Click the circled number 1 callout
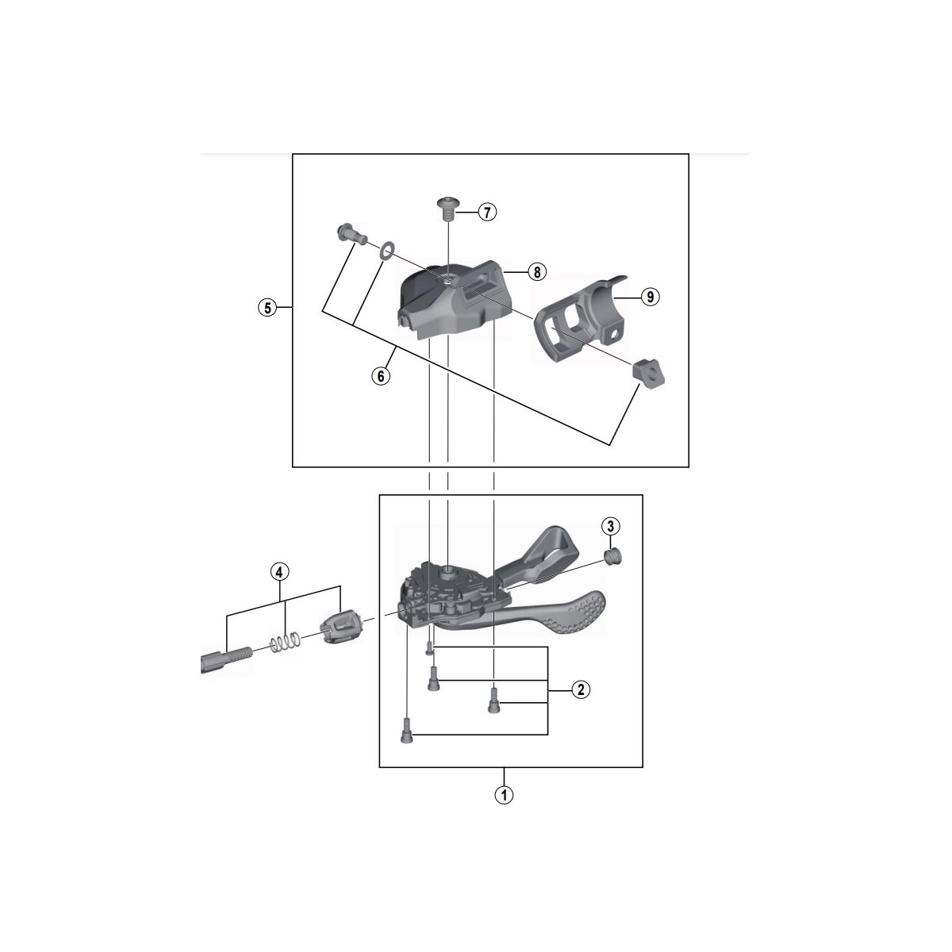point(504,795)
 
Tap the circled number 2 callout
point(581,689)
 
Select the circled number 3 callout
point(611,526)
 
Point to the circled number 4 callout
point(279,572)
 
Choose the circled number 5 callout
point(268,308)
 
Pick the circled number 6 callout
point(381,376)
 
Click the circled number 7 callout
point(487,213)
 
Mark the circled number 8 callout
point(537,271)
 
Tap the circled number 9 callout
point(651,297)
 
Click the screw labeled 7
point(448,209)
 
